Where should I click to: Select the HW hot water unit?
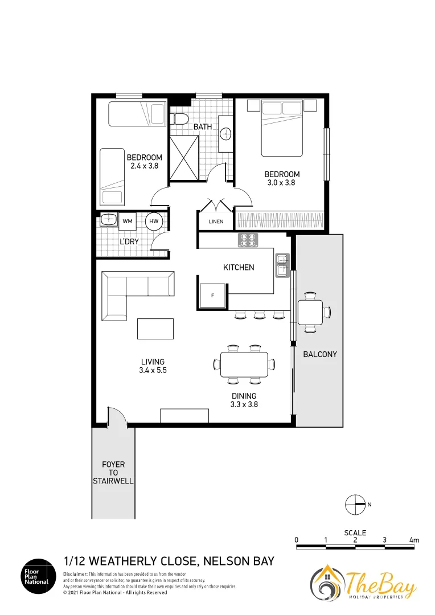154,221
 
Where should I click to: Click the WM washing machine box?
128,221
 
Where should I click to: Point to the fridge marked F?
212,296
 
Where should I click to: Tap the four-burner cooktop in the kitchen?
247,240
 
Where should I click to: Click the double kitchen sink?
282,265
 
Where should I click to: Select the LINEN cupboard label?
216,222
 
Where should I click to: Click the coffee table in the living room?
155,330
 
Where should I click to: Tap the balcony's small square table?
310,311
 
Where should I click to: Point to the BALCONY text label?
319,354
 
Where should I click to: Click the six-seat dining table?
244,364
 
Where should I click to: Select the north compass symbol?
355,504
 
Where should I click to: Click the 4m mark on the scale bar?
413,540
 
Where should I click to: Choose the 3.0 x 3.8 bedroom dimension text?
281,183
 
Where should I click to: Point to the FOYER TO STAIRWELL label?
113,473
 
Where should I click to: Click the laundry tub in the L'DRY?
108,220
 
